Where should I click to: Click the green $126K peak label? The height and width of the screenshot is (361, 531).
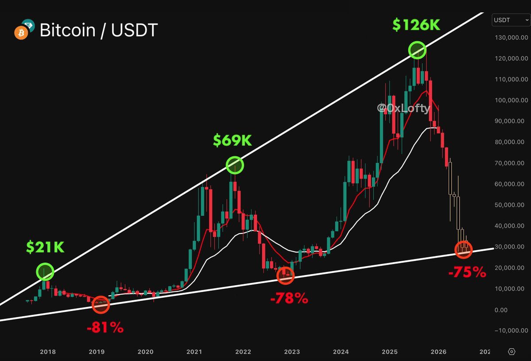[x=416, y=25]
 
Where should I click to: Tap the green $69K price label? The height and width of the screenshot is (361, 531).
[x=232, y=140]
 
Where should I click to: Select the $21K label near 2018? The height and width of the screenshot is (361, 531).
[x=45, y=248]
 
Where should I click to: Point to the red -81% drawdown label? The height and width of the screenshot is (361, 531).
[x=105, y=328]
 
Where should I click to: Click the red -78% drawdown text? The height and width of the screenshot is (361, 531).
[x=289, y=299]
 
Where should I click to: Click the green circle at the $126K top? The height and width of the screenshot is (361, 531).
[x=417, y=50]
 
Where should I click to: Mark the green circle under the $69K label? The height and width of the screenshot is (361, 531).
[x=235, y=165]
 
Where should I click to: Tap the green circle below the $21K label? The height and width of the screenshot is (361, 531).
[x=45, y=272]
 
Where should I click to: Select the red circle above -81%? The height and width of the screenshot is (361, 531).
[x=101, y=304]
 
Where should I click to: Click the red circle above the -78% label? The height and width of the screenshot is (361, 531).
[x=285, y=276]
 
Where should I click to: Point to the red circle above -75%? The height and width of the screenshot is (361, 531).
[x=464, y=249]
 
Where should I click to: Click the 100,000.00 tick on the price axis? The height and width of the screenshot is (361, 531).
[x=511, y=100]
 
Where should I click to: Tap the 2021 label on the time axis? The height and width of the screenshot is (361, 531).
[x=194, y=352]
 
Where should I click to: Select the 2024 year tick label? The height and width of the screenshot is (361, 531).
[x=341, y=352]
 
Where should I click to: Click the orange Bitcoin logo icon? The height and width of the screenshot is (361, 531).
[x=21, y=33]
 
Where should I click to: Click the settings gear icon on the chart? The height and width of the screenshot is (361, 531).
[x=512, y=352]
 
